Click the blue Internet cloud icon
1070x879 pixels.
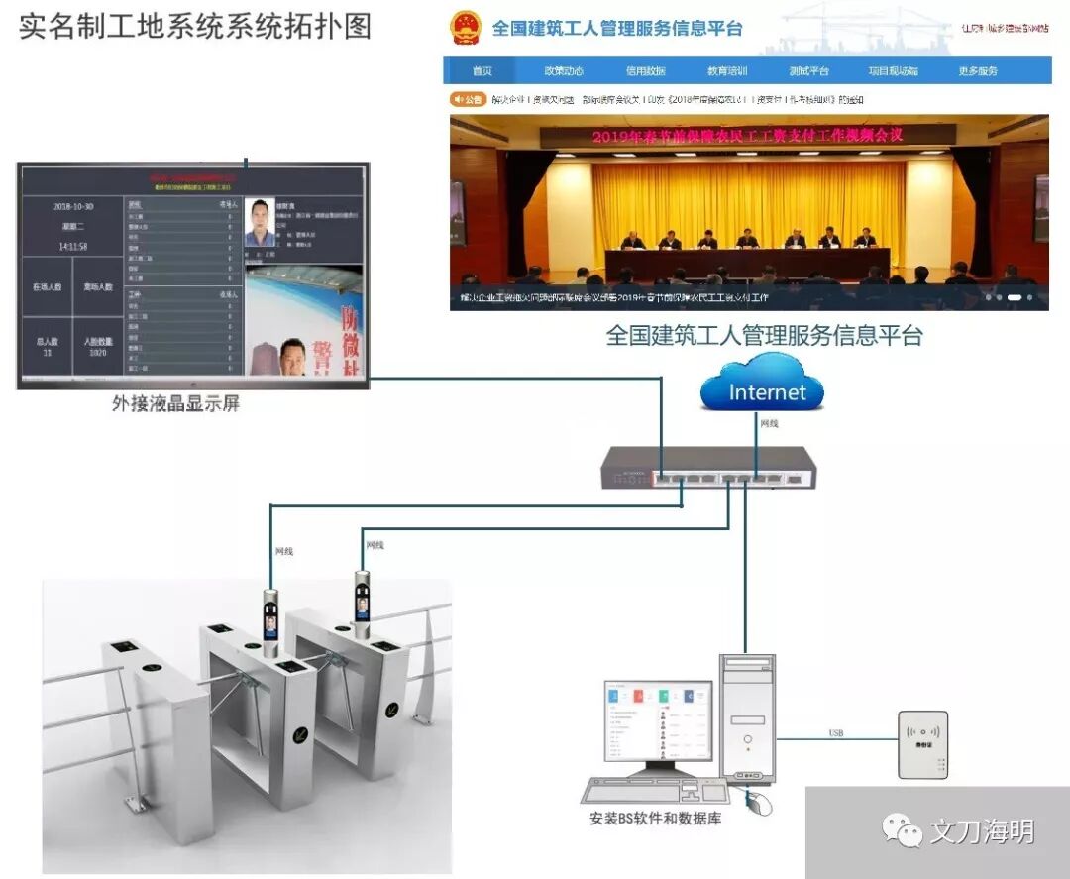[762, 389]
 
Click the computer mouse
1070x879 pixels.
[758, 802]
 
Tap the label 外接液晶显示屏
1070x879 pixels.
[175, 403]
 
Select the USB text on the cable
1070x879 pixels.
[836, 733]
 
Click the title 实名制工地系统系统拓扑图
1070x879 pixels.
[195, 26]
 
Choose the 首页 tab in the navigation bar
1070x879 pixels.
[481, 71]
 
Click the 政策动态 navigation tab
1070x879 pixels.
[563, 71]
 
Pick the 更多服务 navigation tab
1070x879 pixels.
[977, 71]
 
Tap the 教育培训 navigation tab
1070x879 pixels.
[727, 71]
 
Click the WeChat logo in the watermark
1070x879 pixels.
[902, 830]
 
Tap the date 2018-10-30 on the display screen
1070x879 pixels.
[73, 207]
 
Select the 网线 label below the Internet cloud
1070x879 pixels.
[769, 424]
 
